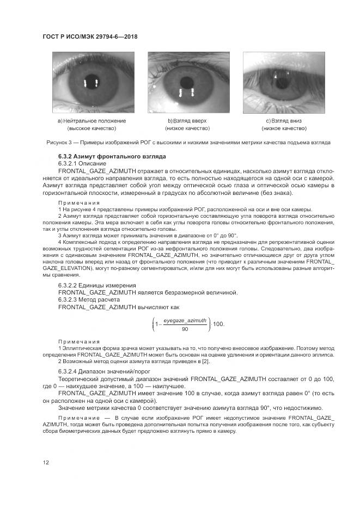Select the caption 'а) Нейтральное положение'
91,120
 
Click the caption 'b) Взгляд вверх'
187,120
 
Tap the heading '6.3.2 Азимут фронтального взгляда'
112,156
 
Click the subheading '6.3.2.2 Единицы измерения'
97,285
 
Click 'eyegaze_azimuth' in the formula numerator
185,321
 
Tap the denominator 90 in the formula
185,329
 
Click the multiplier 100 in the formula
218,325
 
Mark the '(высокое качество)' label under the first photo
91,128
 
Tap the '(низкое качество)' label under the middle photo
187,128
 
